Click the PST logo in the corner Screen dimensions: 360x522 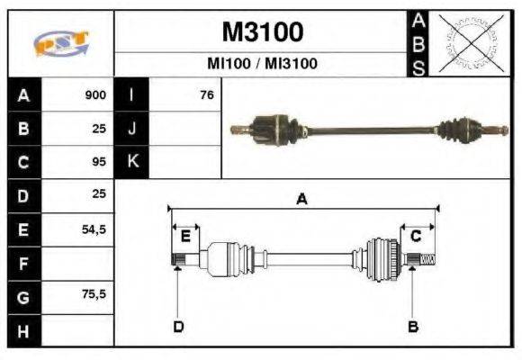click(x=60, y=44)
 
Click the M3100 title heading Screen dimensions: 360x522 click(x=262, y=32)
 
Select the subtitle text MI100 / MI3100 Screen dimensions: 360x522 click(x=262, y=64)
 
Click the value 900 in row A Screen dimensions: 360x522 click(x=95, y=95)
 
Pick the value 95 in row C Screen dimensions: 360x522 click(x=99, y=162)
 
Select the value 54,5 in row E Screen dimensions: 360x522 click(x=94, y=229)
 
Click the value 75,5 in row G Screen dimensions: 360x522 click(x=94, y=295)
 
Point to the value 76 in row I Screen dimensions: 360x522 click(x=206, y=95)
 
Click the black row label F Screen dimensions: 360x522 click(x=23, y=263)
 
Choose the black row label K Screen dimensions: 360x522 click(x=131, y=162)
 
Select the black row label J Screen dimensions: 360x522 click(x=131, y=129)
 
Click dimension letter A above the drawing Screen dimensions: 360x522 click(x=302, y=200)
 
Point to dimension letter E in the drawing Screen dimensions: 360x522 click(x=185, y=237)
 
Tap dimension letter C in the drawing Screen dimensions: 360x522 click(x=416, y=236)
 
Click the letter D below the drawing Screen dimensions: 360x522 click(x=178, y=326)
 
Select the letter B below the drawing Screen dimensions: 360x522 click(x=413, y=326)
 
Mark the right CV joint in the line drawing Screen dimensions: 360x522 click(x=382, y=258)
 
